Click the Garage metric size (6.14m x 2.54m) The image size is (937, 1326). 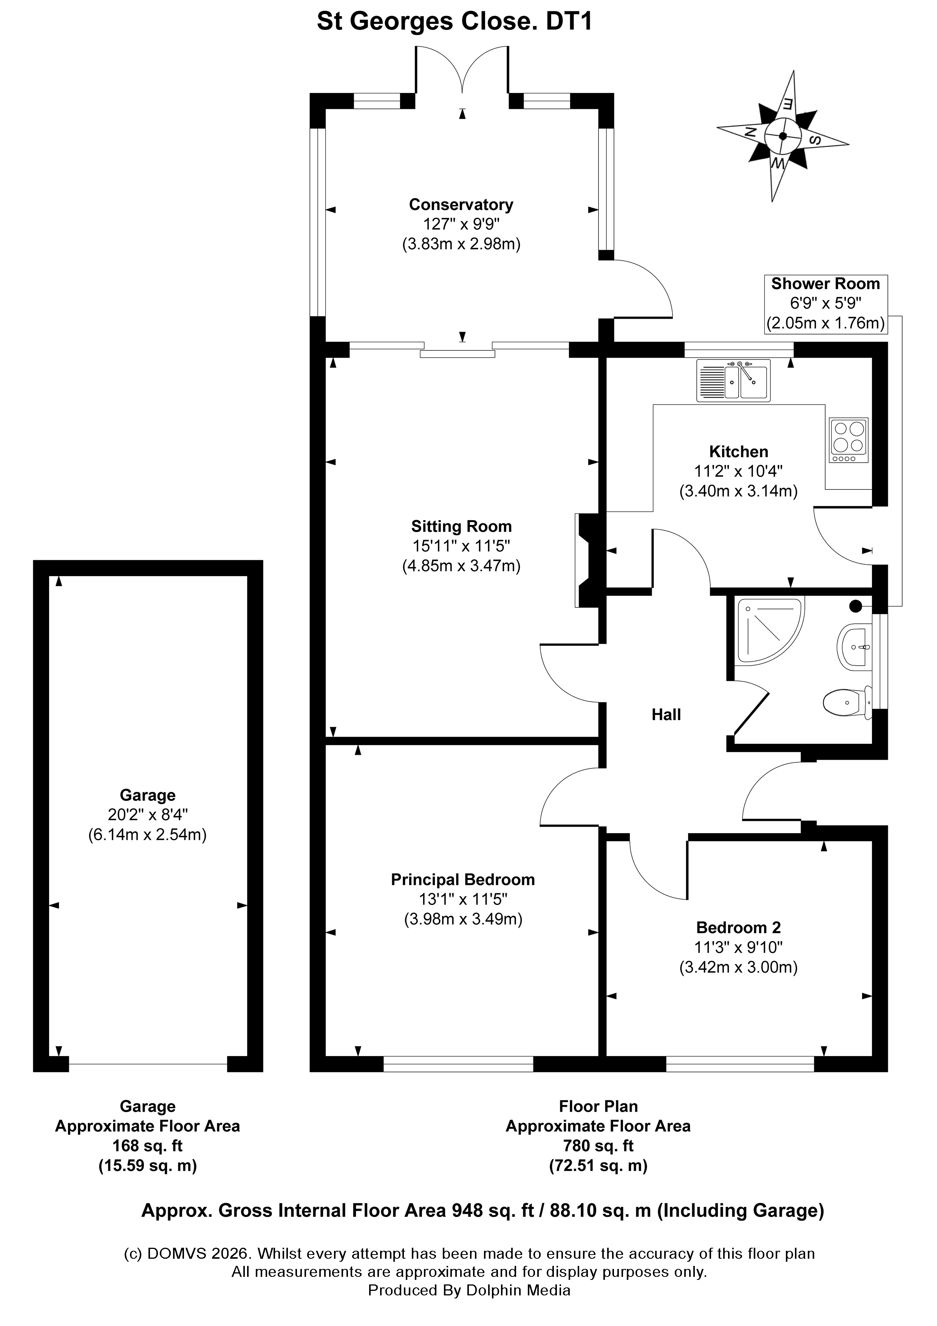tap(147, 835)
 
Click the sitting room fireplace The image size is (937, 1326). tap(589, 560)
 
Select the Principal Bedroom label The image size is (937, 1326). tap(462, 880)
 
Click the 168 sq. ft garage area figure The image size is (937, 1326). tap(147, 1146)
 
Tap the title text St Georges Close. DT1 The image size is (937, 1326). tap(455, 22)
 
